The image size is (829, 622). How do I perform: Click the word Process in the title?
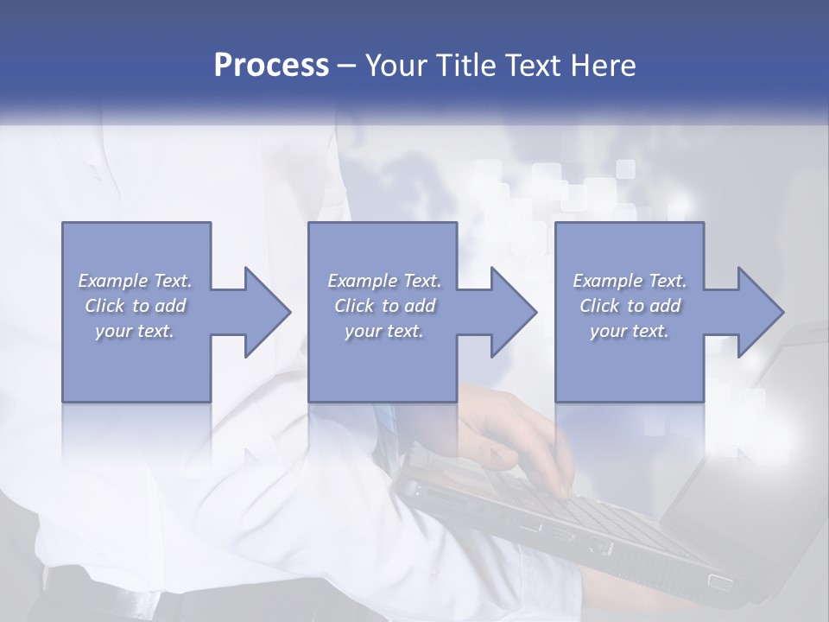(x=271, y=66)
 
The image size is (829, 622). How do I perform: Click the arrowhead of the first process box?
(x=266, y=312)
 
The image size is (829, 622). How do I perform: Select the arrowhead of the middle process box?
(x=513, y=312)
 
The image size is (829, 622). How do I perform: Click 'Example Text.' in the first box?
(x=135, y=281)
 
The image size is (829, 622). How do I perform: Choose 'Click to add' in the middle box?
(x=384, y=306)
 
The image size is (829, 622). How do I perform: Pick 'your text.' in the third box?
(x=630, y=331)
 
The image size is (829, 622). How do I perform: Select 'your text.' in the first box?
(x=135, y=331)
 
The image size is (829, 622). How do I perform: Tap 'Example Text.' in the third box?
(x=630, y=281)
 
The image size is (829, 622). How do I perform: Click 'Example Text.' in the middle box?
(x=384, y=281)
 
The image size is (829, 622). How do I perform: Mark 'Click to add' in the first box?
(x=135, y=306)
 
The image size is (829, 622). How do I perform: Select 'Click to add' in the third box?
(x=630, y=306)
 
